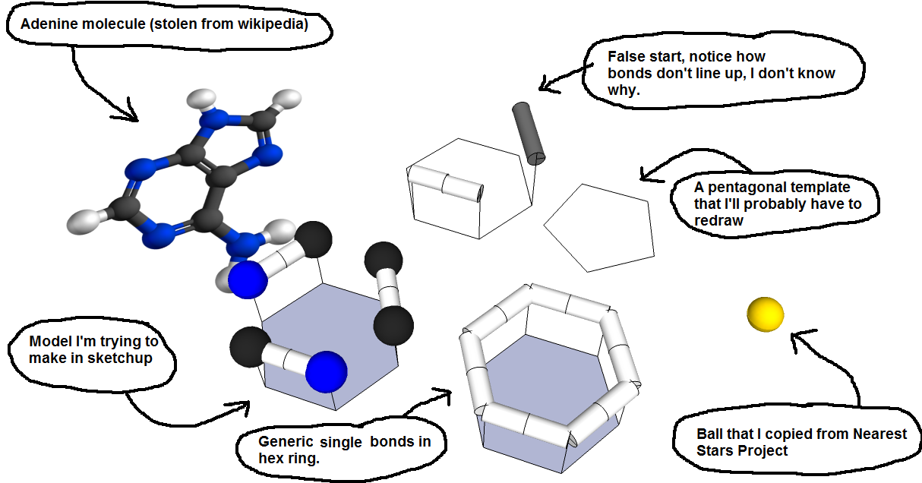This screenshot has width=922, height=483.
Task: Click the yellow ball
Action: coord(765,314)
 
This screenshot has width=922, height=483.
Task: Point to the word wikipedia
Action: coord(273,25)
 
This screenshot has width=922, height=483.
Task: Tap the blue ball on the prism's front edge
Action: coord(327,371)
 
